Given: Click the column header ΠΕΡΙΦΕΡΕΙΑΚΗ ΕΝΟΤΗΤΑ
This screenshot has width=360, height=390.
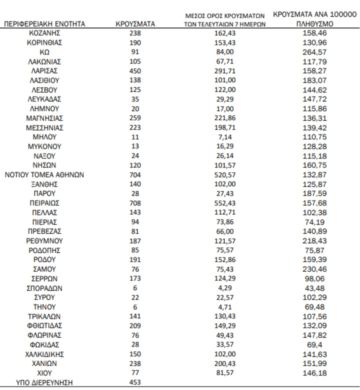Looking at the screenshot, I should pyautogui.click(x=44, y=23).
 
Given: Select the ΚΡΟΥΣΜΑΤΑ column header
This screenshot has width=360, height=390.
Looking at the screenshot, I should pyautogui.click(x=135, y=23).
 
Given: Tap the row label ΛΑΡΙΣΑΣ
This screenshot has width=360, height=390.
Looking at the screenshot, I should pyautogui.click(x=44, y=71).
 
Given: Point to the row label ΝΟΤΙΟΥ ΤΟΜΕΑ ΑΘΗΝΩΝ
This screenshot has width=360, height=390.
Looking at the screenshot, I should pyautogui.click(x=44, y=174).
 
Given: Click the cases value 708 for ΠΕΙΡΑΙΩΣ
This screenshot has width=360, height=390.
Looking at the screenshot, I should pyautogui.click(x=135, y=203).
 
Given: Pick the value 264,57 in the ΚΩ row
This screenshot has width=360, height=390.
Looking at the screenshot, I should pyautogui.click(x=315, y=52).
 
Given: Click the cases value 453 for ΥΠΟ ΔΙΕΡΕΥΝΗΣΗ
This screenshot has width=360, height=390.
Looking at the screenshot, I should pyautogui.click(x=135, y=382).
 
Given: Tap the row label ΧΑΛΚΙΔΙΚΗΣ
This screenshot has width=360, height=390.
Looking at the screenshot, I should pyautogui.click(x=44, y=354).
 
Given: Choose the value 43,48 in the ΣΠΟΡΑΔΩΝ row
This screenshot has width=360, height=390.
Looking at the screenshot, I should pyautogui.click(x=315, y=288).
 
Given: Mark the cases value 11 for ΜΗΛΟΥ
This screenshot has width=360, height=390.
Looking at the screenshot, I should pyautogui.click(x=135, y=137).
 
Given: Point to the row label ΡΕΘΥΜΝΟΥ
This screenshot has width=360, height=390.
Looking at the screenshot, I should pyautogui.click(x=44, y=241).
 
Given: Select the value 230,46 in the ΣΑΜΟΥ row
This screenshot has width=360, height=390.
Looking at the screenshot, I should pyautogui.click(x=315, y=269).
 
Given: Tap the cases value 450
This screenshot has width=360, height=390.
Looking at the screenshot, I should pyautogui.click(x=135, y=71).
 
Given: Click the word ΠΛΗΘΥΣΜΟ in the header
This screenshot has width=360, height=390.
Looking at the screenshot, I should pyautogui.click(x=315, y=23).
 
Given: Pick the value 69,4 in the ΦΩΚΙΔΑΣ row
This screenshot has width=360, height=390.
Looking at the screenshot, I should pyautogui.click(x=315, y=344).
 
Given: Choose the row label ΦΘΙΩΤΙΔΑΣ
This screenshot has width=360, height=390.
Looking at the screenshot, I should pyautogui.click(x=44, y=325).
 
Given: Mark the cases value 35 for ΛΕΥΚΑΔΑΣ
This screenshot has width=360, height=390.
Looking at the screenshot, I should pyautogui.click(x=135, y=99).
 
